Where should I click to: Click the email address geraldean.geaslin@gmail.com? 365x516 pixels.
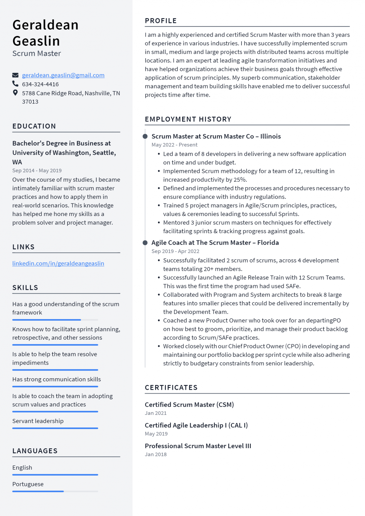[63, 75]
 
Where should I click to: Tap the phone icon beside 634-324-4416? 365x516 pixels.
[15, 84]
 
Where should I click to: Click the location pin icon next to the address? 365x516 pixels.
[15, 93]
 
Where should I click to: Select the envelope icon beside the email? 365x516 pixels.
[15, 75]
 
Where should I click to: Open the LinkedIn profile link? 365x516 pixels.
[58, 263]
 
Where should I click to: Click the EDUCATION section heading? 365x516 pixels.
[34, 126]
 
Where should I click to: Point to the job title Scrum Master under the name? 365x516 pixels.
[37, 53]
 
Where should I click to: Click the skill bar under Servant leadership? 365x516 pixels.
[55, 428]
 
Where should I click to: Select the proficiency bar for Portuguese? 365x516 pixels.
[55, 491]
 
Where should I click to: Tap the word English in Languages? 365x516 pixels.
[22, 468]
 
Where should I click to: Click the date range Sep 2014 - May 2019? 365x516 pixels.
[37, 171]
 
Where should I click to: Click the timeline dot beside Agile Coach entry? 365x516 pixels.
[145, 243]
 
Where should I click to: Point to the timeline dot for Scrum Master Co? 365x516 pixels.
[145, 136]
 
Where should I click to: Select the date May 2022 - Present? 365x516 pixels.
[174, 145]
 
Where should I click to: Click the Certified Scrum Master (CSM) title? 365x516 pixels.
[189, 404]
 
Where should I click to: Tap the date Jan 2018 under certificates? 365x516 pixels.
[156, 455]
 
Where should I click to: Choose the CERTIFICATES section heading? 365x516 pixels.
[171, 388]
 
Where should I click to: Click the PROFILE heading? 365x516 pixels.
[161, 21]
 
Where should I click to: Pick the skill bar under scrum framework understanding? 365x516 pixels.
[55, 320]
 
